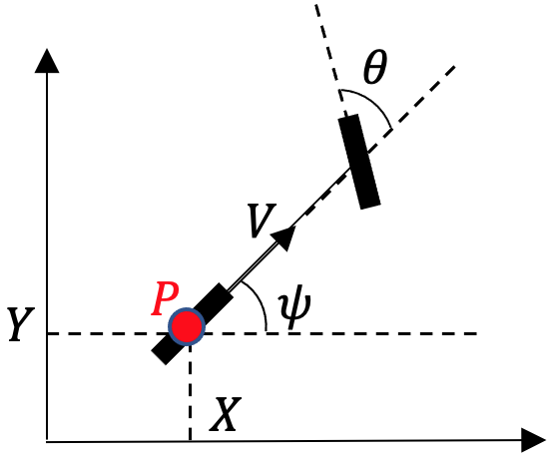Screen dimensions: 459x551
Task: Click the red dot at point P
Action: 187,326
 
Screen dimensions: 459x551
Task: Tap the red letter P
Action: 164,297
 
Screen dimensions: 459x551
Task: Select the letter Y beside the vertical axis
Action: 19,325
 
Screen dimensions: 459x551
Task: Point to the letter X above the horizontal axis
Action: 225,414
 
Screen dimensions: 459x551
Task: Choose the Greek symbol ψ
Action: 295,308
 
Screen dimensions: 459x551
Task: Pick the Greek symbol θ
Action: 374,69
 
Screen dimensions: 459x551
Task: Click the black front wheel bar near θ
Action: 359,162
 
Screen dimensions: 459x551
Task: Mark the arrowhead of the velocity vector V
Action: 285,235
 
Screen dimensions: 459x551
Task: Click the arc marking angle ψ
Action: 261,304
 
